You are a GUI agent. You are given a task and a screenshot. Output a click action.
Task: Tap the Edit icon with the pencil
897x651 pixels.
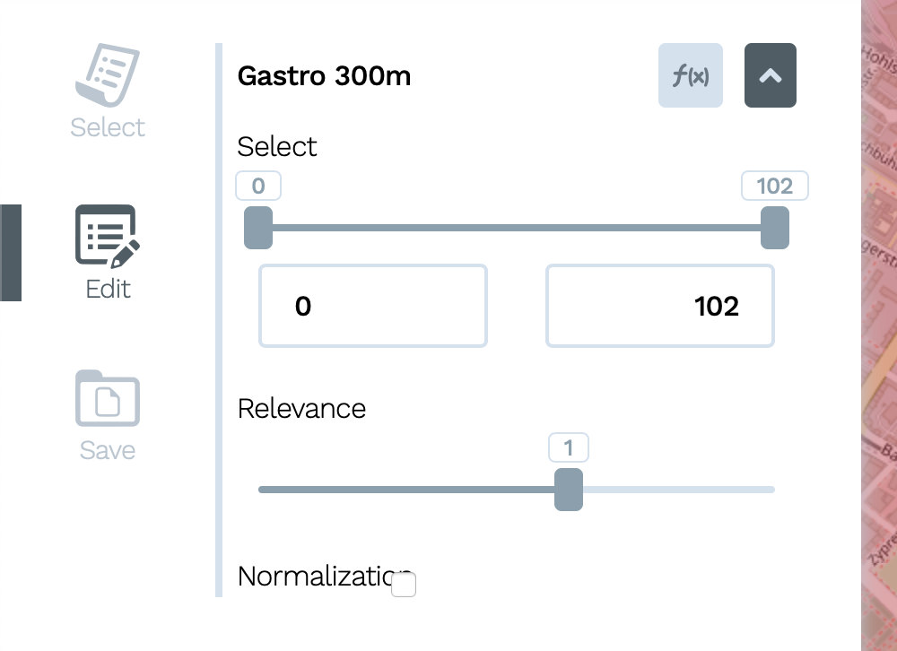[108, 236]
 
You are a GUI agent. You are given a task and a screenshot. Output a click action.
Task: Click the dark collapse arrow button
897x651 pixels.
[771, 76]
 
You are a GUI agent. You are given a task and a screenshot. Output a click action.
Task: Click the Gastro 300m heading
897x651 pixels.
[324, 76]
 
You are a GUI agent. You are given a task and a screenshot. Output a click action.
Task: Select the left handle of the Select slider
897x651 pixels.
[258, 228]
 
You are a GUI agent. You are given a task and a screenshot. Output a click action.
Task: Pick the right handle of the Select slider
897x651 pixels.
[774, 228]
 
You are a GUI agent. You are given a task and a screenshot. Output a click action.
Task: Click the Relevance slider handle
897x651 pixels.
[569, 490]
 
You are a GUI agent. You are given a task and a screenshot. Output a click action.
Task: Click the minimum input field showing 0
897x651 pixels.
[372, 306]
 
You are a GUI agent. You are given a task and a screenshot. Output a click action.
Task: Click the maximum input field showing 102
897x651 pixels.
[659, 306]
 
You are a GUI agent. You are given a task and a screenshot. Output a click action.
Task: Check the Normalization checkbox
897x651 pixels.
[404, 586]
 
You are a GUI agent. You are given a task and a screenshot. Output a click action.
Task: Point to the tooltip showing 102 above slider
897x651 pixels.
[774, 186]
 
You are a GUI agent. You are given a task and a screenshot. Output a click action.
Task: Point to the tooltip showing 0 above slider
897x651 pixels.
[258, 186]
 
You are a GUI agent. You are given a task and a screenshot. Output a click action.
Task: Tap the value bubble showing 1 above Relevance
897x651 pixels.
[569, 447]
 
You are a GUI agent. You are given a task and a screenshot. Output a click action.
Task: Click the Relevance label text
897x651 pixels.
[301, 409]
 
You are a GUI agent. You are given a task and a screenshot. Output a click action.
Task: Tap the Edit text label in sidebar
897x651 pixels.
[108, 289]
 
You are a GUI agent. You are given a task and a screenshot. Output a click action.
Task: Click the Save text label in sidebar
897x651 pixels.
[108, 450]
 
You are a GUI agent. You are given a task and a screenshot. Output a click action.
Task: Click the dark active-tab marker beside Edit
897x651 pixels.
[11, 253]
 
